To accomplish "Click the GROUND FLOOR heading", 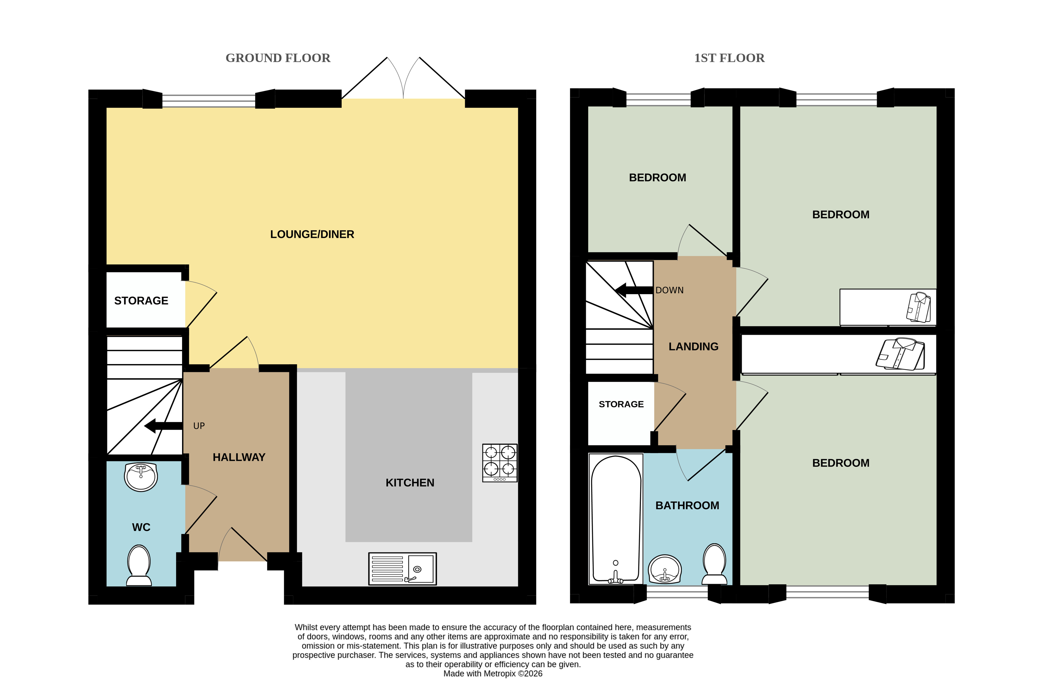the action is coord(278,58).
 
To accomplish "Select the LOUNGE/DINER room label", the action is coord(312,234).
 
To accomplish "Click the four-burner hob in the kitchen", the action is coord(500,463).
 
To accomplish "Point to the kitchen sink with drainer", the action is coord(402,568).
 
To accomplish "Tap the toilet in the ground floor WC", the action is coord(139,565).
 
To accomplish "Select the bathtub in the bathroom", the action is coord(616,519).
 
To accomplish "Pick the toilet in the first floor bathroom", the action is coord(714,564).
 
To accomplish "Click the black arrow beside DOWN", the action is coord(634,290).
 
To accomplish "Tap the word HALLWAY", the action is coord(239,457).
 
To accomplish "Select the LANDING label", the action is coord(694,346).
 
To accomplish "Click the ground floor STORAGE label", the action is coord(141,300).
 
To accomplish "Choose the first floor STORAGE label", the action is coord(621,404).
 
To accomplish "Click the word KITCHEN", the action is coord(410,483).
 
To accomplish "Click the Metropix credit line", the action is coord(493,674).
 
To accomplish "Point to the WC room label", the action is coord(141,527).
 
